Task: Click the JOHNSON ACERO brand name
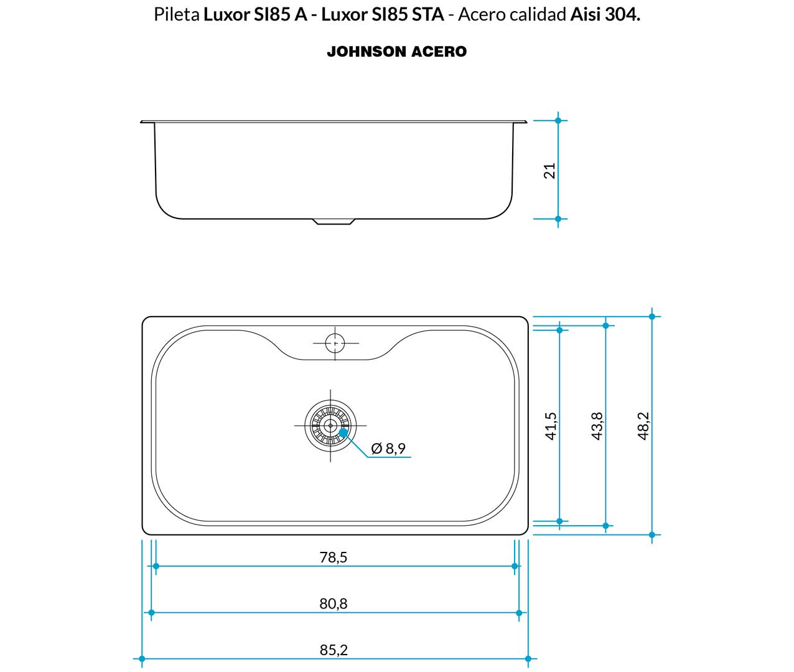[x=397, y=52]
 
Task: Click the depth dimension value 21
[x=549, y=170]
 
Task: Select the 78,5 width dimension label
[x=334, y=557]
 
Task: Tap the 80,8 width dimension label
[x=334, y=604]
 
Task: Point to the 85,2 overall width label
[x=334, y=650]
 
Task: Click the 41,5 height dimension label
[x=551, y=426]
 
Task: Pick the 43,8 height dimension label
[x=597, y=426]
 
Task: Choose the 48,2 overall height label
[x=643, y=426]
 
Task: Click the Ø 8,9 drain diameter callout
[x=388, y=448]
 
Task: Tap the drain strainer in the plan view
[x=330, y=426]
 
